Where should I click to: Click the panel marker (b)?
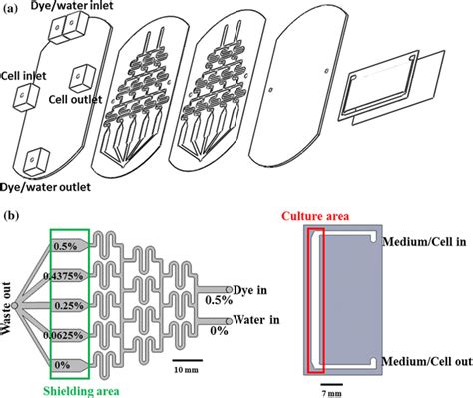[x=14, y=214]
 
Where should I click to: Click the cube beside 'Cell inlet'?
[x=23, y=97]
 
